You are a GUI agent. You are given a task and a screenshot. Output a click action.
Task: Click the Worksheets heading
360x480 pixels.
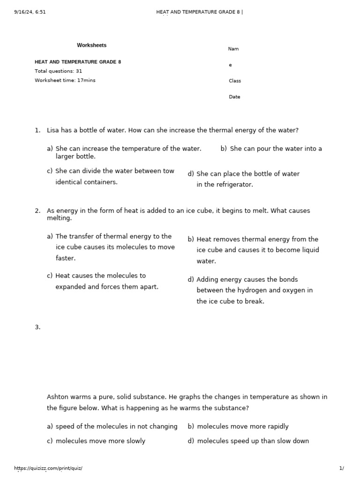[x=91, y=45]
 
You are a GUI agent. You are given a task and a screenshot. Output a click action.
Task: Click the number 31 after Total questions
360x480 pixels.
[x=79, y=71]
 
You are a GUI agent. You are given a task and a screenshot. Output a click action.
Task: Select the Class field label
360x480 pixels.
[x=234, y=81]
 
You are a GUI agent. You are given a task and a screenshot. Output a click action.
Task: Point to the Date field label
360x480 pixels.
[x=234, y=97]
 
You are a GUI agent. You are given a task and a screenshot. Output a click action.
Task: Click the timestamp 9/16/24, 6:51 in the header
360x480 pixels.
[x=30, y=12]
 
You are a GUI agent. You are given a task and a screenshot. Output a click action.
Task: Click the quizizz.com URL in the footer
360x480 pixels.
[x=48, y=468]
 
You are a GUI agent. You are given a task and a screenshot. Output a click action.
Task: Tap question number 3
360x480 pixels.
[x=37, y=327]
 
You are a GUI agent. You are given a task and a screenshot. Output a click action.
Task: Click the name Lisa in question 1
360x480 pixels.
[x=53, y=130]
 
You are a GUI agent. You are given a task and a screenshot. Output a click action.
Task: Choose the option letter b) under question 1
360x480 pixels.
[x=224, y=149]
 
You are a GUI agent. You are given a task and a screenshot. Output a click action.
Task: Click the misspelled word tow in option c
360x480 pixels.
[x=169, y=171]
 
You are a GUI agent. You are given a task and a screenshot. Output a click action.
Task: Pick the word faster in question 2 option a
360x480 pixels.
[x=65, y=258]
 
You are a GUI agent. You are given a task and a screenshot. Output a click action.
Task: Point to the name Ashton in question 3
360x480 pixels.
[x=58, y=397]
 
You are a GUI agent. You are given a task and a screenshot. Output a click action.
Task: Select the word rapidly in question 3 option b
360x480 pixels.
[x=276, y=427]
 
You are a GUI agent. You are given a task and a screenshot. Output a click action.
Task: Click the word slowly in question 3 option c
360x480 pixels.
[x=134, y=441]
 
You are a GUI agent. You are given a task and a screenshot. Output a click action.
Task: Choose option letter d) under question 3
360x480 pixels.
[x=191, y=441]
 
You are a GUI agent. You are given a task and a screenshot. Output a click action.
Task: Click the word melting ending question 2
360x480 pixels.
[x=59, y=218]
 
